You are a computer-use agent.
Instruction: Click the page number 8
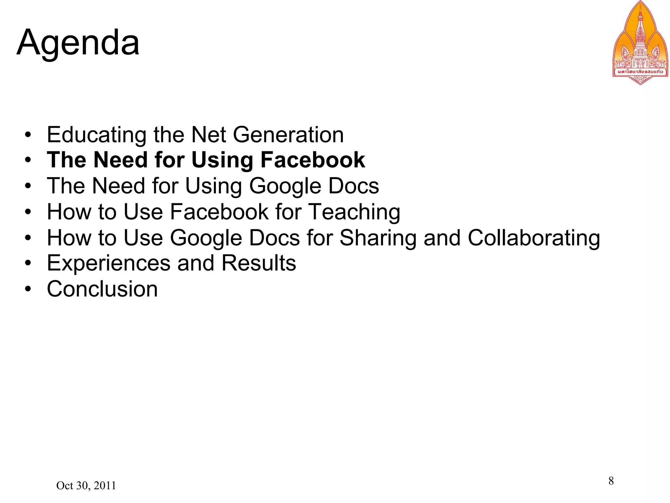[611, 481]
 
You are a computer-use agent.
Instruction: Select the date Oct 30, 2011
[86, 486]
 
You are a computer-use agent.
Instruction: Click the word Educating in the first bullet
[97, 135]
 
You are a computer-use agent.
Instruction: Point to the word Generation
[288, 135]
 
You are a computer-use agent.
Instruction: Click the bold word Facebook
[312, 160]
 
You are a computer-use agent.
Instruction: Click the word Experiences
[109, 263]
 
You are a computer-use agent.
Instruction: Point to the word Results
[258, 263]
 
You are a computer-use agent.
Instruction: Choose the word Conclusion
[102, 289]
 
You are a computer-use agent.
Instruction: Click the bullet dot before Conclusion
[28, 289]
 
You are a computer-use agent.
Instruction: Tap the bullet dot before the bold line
[28, 160]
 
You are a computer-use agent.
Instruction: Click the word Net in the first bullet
[208, 135]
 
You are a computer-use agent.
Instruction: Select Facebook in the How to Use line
[219, 212]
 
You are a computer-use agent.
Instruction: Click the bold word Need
[120, 160]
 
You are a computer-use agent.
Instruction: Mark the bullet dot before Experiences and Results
[28, 263]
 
